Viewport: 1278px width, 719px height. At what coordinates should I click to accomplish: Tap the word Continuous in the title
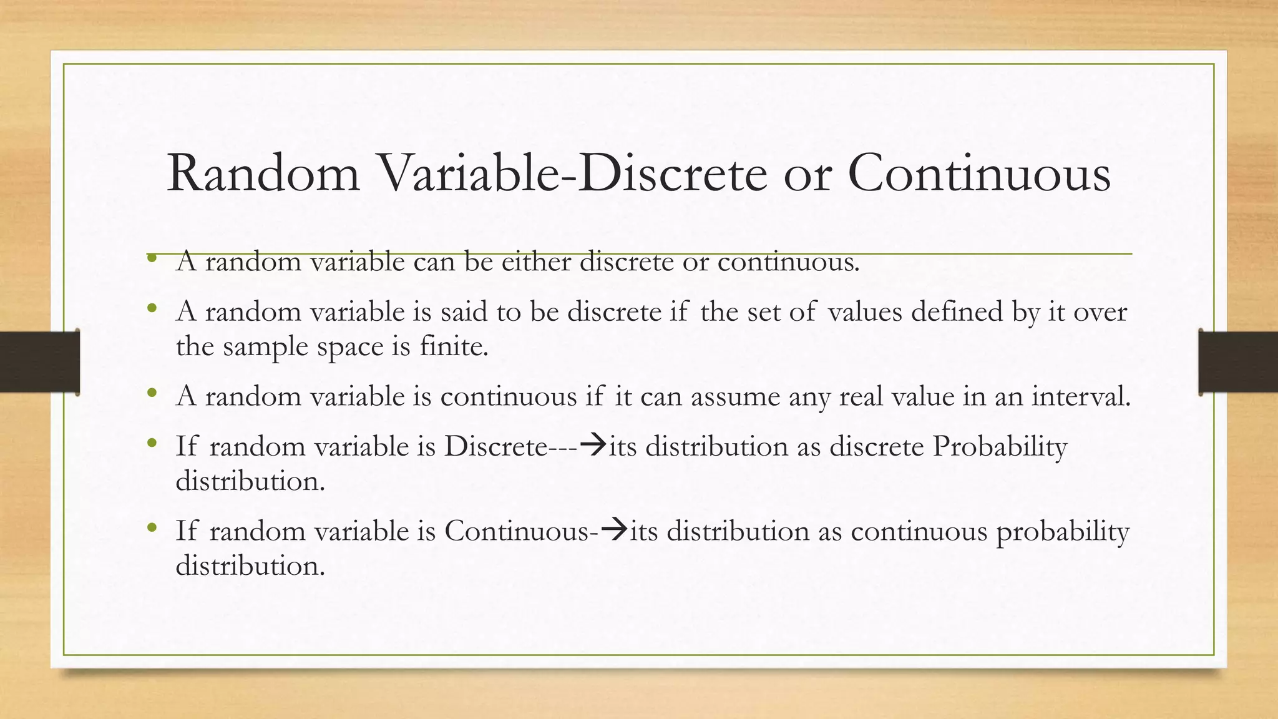tap(979, 174)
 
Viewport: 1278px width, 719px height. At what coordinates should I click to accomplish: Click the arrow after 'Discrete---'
tap(593, 446)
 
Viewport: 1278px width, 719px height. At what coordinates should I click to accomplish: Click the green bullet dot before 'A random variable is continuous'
tap(152, 393)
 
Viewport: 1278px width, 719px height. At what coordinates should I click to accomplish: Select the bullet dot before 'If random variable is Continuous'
tap(152, 528)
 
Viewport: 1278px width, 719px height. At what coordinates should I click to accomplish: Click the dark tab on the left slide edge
tap(39, 362)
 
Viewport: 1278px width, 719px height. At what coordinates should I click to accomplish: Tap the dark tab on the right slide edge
tap(1238, 362)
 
